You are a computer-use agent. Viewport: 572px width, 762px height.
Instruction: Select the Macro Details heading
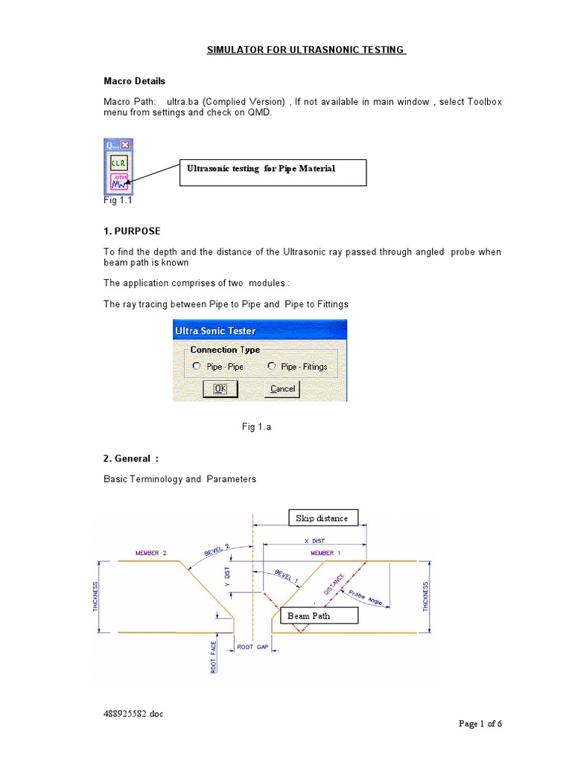[x=134, y=80]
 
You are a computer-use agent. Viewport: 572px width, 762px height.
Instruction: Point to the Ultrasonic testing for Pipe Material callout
[x=273, y=171]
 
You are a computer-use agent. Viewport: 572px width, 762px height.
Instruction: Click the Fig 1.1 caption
[x=118, y=201]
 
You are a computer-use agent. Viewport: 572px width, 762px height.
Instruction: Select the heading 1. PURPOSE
[x=132, y=231]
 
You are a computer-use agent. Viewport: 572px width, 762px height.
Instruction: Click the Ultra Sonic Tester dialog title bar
[x=259, y=330]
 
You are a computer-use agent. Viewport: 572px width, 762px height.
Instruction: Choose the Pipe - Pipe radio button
[x=197, y=366]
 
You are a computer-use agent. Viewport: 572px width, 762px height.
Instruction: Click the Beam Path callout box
[x=318, y=615]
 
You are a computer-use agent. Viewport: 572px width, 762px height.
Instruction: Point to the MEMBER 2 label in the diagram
[x=151, y=554]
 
